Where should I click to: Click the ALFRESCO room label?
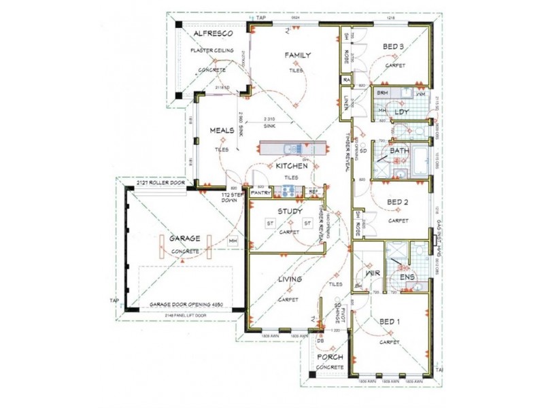(213, 33)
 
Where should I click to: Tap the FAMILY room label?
(298, 55)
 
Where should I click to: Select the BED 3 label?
(394, 46)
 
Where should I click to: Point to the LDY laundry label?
(402, 112)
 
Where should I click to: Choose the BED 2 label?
(397, 202)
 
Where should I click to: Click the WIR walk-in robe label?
(371, 273)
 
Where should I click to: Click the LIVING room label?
(290, 279)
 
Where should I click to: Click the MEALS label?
(222, 130)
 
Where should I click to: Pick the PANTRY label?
(261, 193)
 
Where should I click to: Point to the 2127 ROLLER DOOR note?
(160, 183)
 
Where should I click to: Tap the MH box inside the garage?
(233, 241)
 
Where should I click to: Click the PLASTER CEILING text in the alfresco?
(212, 51)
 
